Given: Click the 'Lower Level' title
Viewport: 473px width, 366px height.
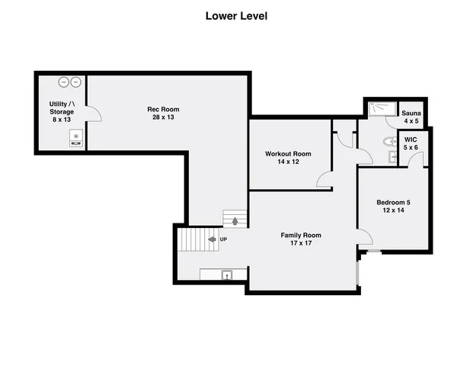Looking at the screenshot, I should click(236, 16).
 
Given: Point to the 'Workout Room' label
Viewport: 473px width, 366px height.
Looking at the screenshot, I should click(288, 158).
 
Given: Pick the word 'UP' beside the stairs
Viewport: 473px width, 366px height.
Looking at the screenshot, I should click(223, 239).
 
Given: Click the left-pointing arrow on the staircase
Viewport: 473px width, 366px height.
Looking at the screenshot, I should click(212, 239).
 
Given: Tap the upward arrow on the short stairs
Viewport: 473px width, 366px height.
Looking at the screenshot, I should click(235, 221).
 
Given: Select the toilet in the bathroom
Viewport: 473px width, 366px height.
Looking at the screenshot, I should click(388, 140).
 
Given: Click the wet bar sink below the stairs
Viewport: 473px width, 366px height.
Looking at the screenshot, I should click(226, 274).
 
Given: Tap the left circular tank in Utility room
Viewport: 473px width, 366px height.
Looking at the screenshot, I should click(64, 81).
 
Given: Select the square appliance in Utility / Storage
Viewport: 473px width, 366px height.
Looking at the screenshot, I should click(76, 138).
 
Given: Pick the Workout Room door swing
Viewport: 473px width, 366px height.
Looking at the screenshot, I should click(324, 180).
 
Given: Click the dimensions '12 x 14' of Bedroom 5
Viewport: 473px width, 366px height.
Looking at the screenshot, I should click(393, 211).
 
